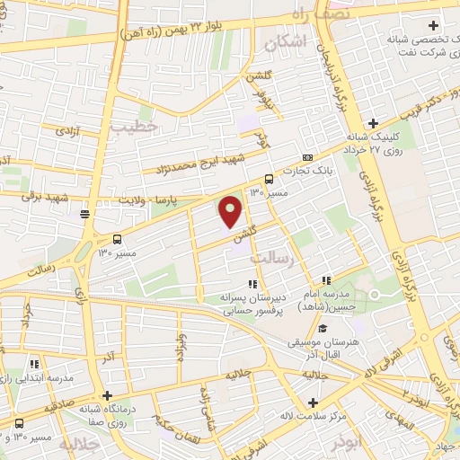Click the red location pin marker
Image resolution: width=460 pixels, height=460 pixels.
tap(231, 211)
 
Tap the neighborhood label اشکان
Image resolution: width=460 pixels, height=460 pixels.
tap(287, 41)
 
